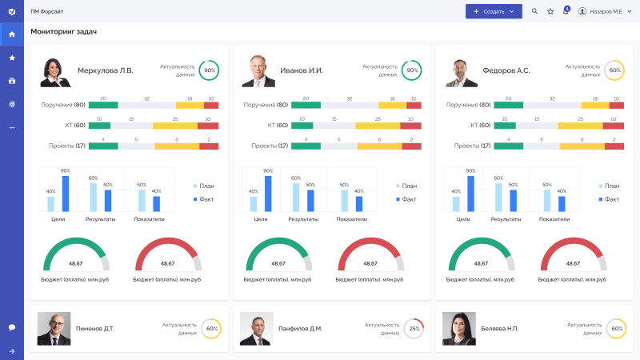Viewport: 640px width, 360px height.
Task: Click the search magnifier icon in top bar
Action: pos(534,11)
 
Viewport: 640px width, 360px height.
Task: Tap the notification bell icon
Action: pos(566,11)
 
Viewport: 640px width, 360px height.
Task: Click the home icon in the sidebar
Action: pos(11,34)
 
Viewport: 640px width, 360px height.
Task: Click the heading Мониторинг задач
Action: pos(63,31)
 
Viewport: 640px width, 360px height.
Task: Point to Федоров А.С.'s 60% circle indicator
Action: pos(614,70)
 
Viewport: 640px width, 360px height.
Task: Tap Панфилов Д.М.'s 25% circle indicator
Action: pos(413,329)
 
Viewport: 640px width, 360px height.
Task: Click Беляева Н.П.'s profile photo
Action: pos(459,328)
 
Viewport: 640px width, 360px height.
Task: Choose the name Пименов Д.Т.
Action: pos(94,329)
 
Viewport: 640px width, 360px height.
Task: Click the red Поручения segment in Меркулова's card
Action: pos(211,105)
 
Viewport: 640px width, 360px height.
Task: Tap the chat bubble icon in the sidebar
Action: pos(11,327)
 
